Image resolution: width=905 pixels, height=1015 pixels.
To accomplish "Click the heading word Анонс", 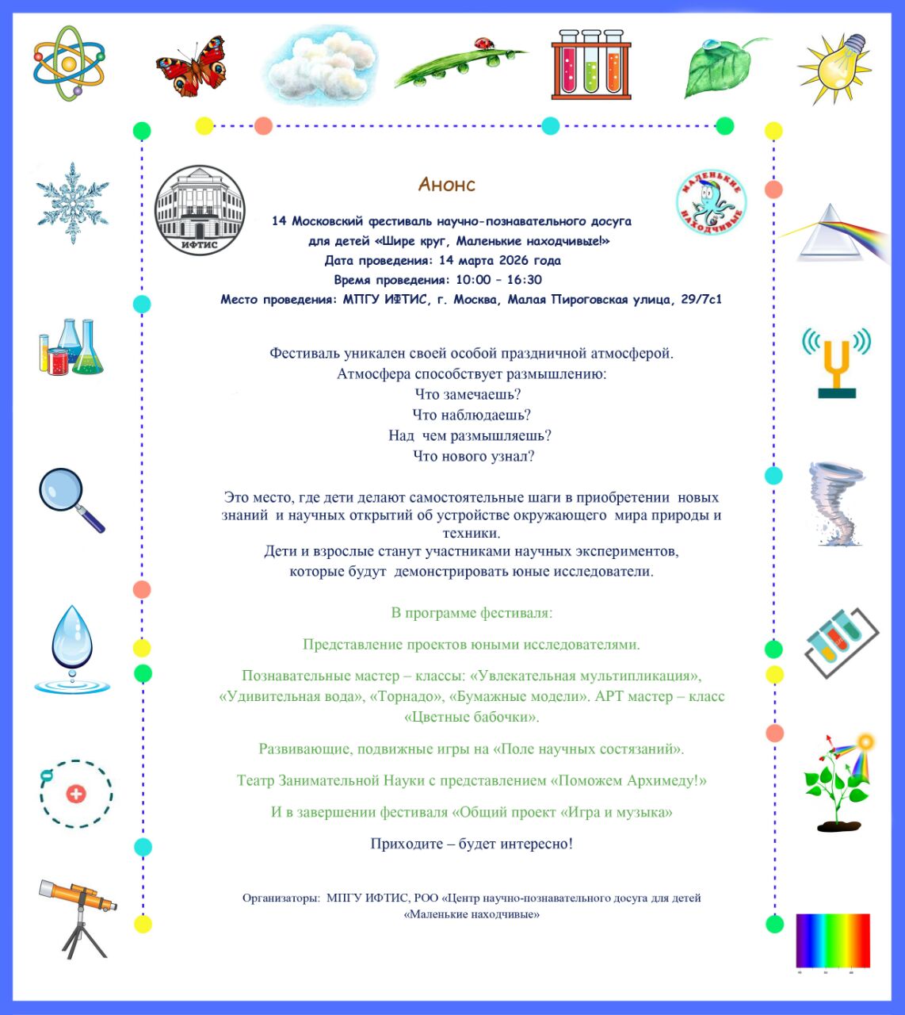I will [x=447, y=185].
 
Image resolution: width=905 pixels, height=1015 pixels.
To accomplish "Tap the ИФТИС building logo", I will [x=200, y=211].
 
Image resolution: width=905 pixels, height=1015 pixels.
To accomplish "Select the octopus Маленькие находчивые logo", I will [x=711, y=203].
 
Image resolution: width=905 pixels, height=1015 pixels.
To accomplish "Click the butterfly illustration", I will [x=190, y=66].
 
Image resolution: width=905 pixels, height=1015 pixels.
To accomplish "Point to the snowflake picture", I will [x=72, y=203].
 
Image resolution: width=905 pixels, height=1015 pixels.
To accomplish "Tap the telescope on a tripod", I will [x=78, y=917].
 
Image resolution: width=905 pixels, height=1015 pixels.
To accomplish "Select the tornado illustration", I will [x=835, y=504].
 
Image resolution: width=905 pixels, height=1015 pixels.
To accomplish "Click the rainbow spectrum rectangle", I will [x=833, y=940].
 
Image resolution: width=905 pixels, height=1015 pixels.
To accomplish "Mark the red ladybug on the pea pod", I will [x=481, y=44].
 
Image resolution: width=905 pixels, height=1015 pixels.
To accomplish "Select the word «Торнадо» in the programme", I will [x=406, y=697].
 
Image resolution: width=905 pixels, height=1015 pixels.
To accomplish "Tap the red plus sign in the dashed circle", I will [x=76, y=794].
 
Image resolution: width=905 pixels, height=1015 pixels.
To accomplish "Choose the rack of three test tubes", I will [x=591, y=65].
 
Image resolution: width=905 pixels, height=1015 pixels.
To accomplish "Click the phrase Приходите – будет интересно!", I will [x=472, y=844].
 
